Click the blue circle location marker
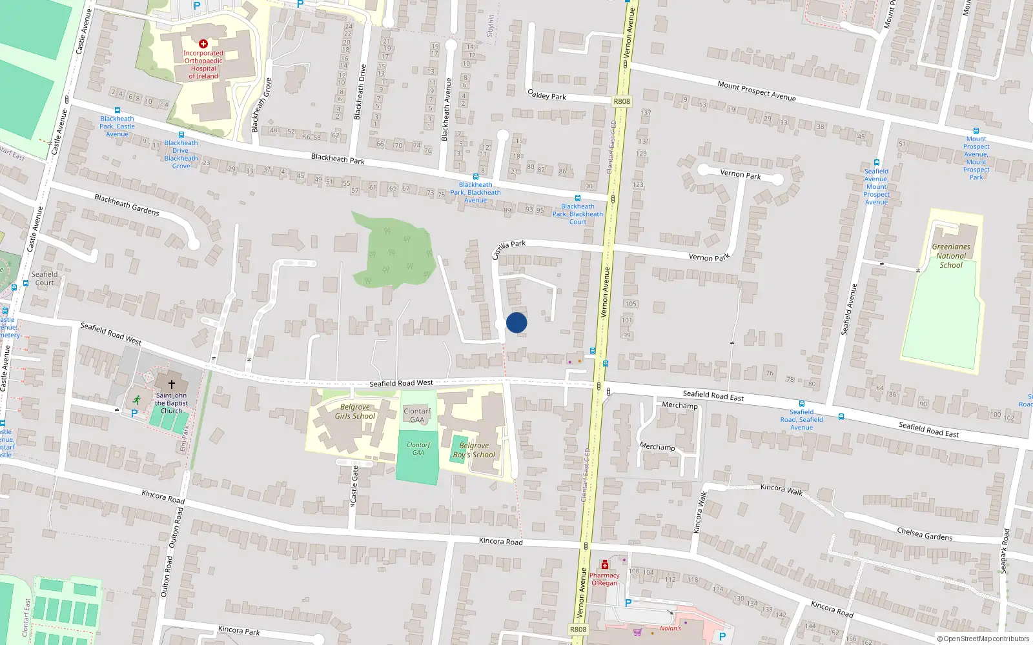click(x=516, y=322)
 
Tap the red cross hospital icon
click(x=203, y=44)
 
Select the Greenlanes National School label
click(x=951, y=256)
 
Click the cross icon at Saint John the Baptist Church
click(x=172, y=384)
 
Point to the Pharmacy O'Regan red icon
click(x=605, y=565)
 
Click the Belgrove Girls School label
click(x=355, y=412)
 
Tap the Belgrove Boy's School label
click(x=474, y=450)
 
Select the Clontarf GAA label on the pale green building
click(x=417, y=415)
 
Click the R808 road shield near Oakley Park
click(x=622, y=101)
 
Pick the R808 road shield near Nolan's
click(x=578, y=630)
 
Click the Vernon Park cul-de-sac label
click(x=741, y=175)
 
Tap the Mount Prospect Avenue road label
click(x=757, y=90)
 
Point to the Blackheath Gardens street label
click(x=127, y=204)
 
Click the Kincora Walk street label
click(x=781, y=490)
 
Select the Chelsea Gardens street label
click(x=925, y=534)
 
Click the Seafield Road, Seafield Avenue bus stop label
click(x=801, y=419)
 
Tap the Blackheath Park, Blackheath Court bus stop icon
click(x=578, y=198)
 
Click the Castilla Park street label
click(x=509, y=248)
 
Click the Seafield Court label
click(x=45, y=278)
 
